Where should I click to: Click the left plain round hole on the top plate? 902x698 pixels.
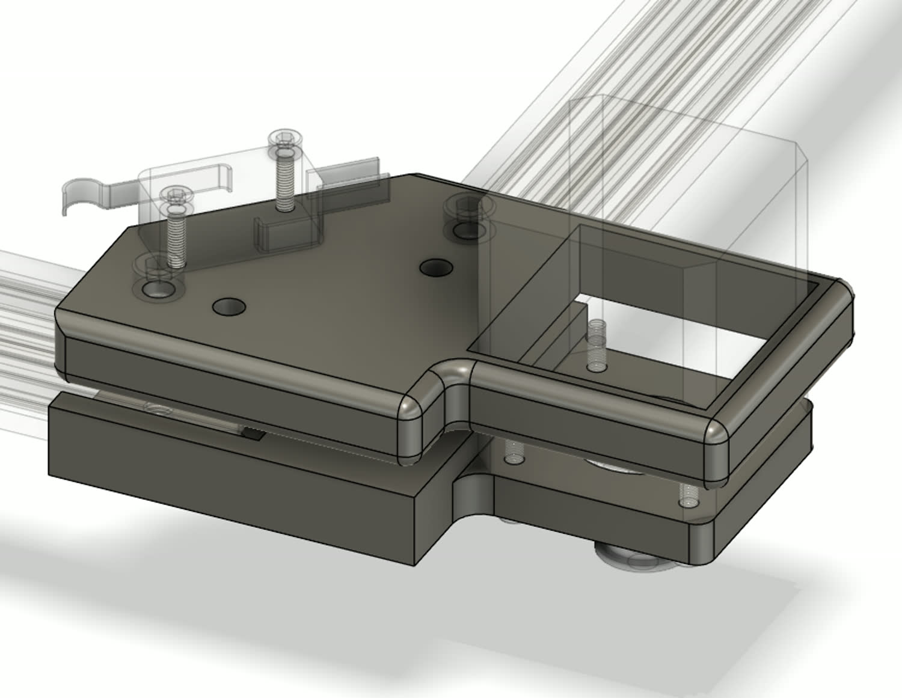click(229, 307)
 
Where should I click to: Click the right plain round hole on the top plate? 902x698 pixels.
click(437, 267)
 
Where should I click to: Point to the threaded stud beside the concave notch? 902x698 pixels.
click(512, 452)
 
